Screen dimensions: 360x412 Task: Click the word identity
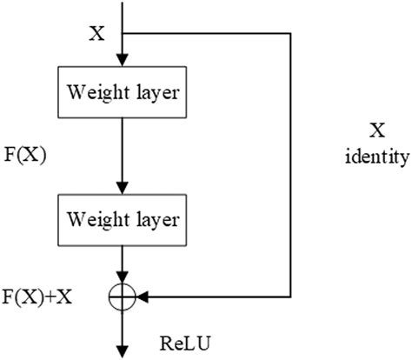click(x=377, y=157)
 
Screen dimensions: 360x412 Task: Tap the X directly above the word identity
click(x=377, y=131)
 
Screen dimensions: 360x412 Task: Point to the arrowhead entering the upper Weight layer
click(x=122, y=58)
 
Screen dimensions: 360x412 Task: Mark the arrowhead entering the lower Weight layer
click(x=122, y=185)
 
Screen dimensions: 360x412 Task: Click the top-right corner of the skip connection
click(x=287, y=35)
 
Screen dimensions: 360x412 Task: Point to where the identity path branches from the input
click(x=122, y=35)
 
